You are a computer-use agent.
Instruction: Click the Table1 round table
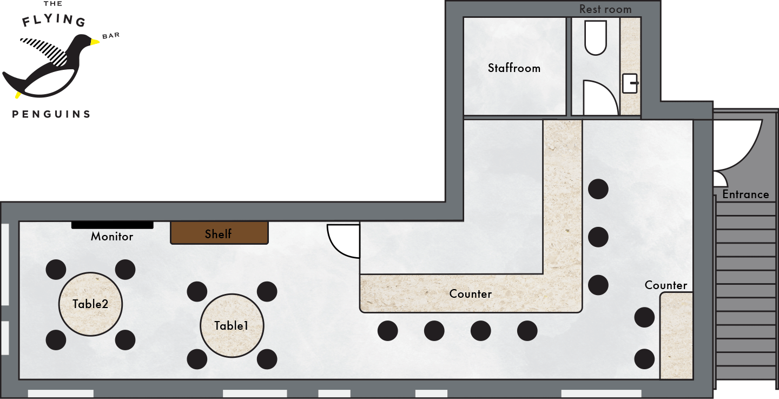tap(232, 325)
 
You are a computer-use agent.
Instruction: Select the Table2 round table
tap(90, 304)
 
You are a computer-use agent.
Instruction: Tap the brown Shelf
tap(219, 233)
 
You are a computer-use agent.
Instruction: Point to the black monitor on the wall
tap(113, 225)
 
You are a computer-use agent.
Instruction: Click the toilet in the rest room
tap(596, 37)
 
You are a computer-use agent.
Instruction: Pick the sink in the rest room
tap(630, 83)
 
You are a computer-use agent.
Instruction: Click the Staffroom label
tap(514, 68)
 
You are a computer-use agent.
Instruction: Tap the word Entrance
tap(745, 194)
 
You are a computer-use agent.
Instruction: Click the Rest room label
tap(605, 9)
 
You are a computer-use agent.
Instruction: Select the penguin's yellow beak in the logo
tap(95, 42)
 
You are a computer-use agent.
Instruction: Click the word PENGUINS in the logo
tap(51, 114)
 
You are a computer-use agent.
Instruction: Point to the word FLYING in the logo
tap(54, 20)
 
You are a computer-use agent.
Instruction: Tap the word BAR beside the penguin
tap(111, 36)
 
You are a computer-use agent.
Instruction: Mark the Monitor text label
tap(112, 237)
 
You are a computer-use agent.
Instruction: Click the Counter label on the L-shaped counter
tap(471, 294)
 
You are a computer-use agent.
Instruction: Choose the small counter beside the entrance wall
tap(676, 336)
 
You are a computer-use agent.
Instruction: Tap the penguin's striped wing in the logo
tap(45, 50)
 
